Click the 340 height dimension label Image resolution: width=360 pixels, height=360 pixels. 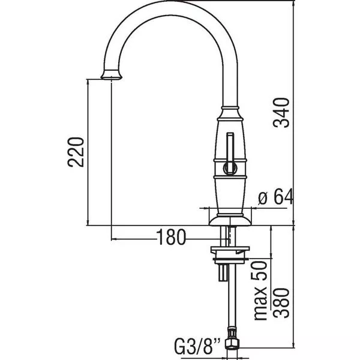coord(281,113)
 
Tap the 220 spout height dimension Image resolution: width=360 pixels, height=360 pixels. coord(76,152)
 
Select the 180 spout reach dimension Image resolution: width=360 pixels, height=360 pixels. coord(171,237)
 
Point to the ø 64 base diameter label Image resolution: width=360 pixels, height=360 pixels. coord(275,197)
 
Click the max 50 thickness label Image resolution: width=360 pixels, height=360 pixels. coord(261,290)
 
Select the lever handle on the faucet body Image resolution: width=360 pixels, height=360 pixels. coord(230,152)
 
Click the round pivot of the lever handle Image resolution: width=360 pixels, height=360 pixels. coord(230,168)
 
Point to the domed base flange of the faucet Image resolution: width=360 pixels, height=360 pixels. coord(230,220)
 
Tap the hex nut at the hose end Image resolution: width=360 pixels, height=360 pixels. coord(232,343)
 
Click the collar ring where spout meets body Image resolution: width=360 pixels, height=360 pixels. coord(230,108)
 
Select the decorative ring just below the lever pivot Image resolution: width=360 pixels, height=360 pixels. coord(230,177)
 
